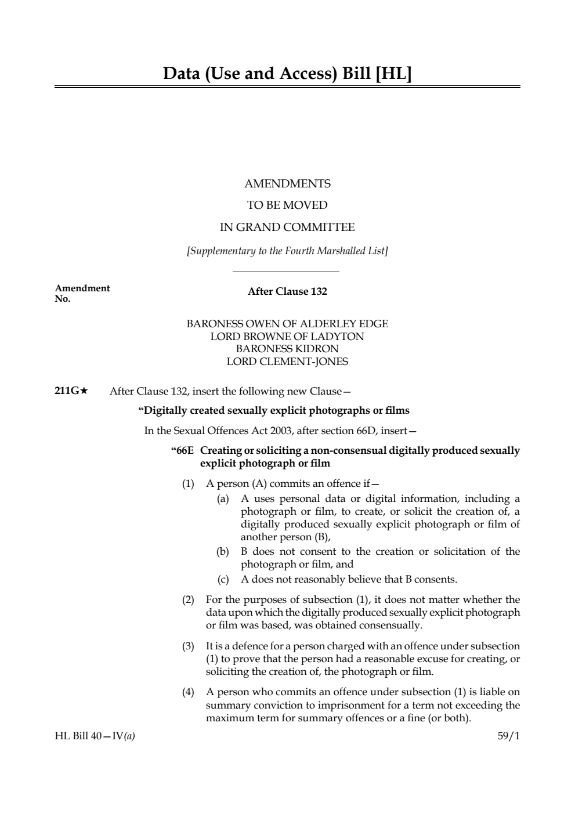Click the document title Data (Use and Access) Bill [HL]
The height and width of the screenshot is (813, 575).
click(287, 74)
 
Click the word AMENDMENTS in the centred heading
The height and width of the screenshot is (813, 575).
click(287, 184)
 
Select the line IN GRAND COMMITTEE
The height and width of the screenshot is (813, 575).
click(287, 227)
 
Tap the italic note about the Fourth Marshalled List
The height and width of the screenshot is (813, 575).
click(287, 251)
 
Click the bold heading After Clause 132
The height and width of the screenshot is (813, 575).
click(287, 292)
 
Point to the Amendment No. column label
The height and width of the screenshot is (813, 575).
click(82, 293)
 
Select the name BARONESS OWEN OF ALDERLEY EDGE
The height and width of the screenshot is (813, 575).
click(287, 324)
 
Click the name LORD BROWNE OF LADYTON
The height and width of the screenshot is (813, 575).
click(287, 337)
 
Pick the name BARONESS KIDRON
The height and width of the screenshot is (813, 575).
click(287, 349)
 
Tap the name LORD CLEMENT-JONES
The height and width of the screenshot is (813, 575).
click(287, 362)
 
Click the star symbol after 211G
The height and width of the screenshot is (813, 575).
click(84, 391)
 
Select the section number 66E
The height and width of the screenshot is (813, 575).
click(184, 451)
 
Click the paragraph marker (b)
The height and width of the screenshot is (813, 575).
click(223, 552)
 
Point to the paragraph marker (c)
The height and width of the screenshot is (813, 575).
click(223, 579)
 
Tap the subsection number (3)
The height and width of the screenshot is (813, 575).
click(189, 646)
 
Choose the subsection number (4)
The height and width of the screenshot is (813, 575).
click(189, 692)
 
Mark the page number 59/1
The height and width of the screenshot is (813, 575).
click(509, 736)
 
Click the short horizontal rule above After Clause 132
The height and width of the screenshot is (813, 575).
click(285, 272)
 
